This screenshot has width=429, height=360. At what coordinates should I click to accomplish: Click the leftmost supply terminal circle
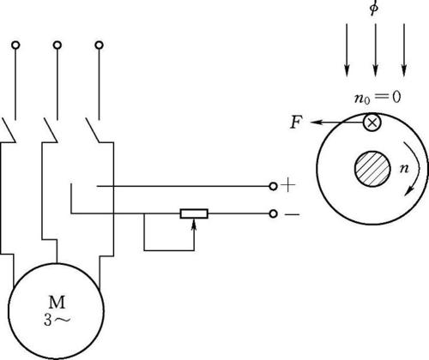tap(15, 45)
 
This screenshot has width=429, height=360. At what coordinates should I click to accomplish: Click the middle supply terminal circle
tap(57, 45)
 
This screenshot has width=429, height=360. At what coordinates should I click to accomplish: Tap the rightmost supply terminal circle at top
tap(100, 45)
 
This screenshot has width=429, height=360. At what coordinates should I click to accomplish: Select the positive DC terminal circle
tap(274, 186)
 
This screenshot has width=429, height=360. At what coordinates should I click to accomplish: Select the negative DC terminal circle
tap(274, 213)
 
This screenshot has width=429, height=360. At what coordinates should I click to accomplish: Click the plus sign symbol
tap(288, 186)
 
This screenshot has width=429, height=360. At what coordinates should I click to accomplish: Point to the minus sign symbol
tap(293, 214)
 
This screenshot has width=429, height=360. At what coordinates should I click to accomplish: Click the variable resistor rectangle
tap(194, 213)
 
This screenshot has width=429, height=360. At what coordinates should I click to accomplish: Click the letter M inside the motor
tap(57, 303)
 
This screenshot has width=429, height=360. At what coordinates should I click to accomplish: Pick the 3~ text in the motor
tap(57, 320)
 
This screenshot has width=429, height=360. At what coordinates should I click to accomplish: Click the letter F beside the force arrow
tap(296, 123)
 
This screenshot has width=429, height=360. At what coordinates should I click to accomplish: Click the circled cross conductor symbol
tap(372, 123)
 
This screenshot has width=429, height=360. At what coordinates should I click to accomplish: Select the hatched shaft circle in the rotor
tap(372, 169)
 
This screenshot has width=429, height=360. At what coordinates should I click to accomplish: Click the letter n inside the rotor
tap(404, 169)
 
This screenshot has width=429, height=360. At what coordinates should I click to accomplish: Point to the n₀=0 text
tap(378, 98)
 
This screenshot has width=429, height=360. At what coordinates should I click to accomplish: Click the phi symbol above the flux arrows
tap(374, 7)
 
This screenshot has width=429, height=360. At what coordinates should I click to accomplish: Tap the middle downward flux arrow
tap(376, 50)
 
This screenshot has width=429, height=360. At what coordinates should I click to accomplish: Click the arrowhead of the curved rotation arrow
tap(409, 191)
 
